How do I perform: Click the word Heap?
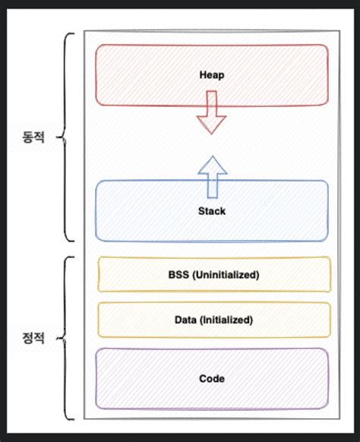point(212,76)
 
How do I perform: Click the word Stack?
point(212,211)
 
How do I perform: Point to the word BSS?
point(179,274)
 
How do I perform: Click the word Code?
point(212,377)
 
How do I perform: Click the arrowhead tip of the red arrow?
point(212,134)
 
